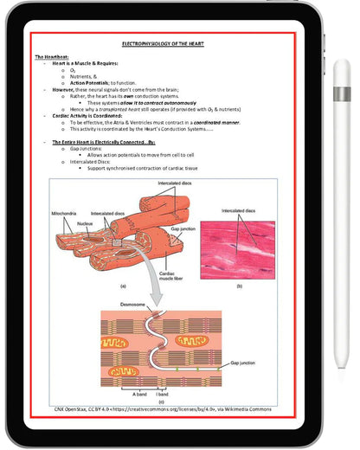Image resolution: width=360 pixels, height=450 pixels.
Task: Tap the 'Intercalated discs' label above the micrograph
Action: coord(238,210)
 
